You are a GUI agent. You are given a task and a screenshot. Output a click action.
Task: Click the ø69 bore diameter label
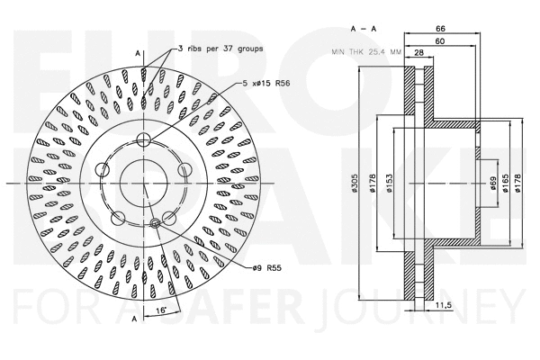(x=493, y=184)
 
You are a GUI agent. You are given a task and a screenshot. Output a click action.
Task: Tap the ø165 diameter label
(x=506, y=184)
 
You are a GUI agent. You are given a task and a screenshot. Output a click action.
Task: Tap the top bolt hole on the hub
(x=142, y=140)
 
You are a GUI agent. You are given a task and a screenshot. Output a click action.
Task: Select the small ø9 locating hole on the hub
(x=156, y=222)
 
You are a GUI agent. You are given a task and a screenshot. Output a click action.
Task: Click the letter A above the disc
(x=137, y=57)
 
